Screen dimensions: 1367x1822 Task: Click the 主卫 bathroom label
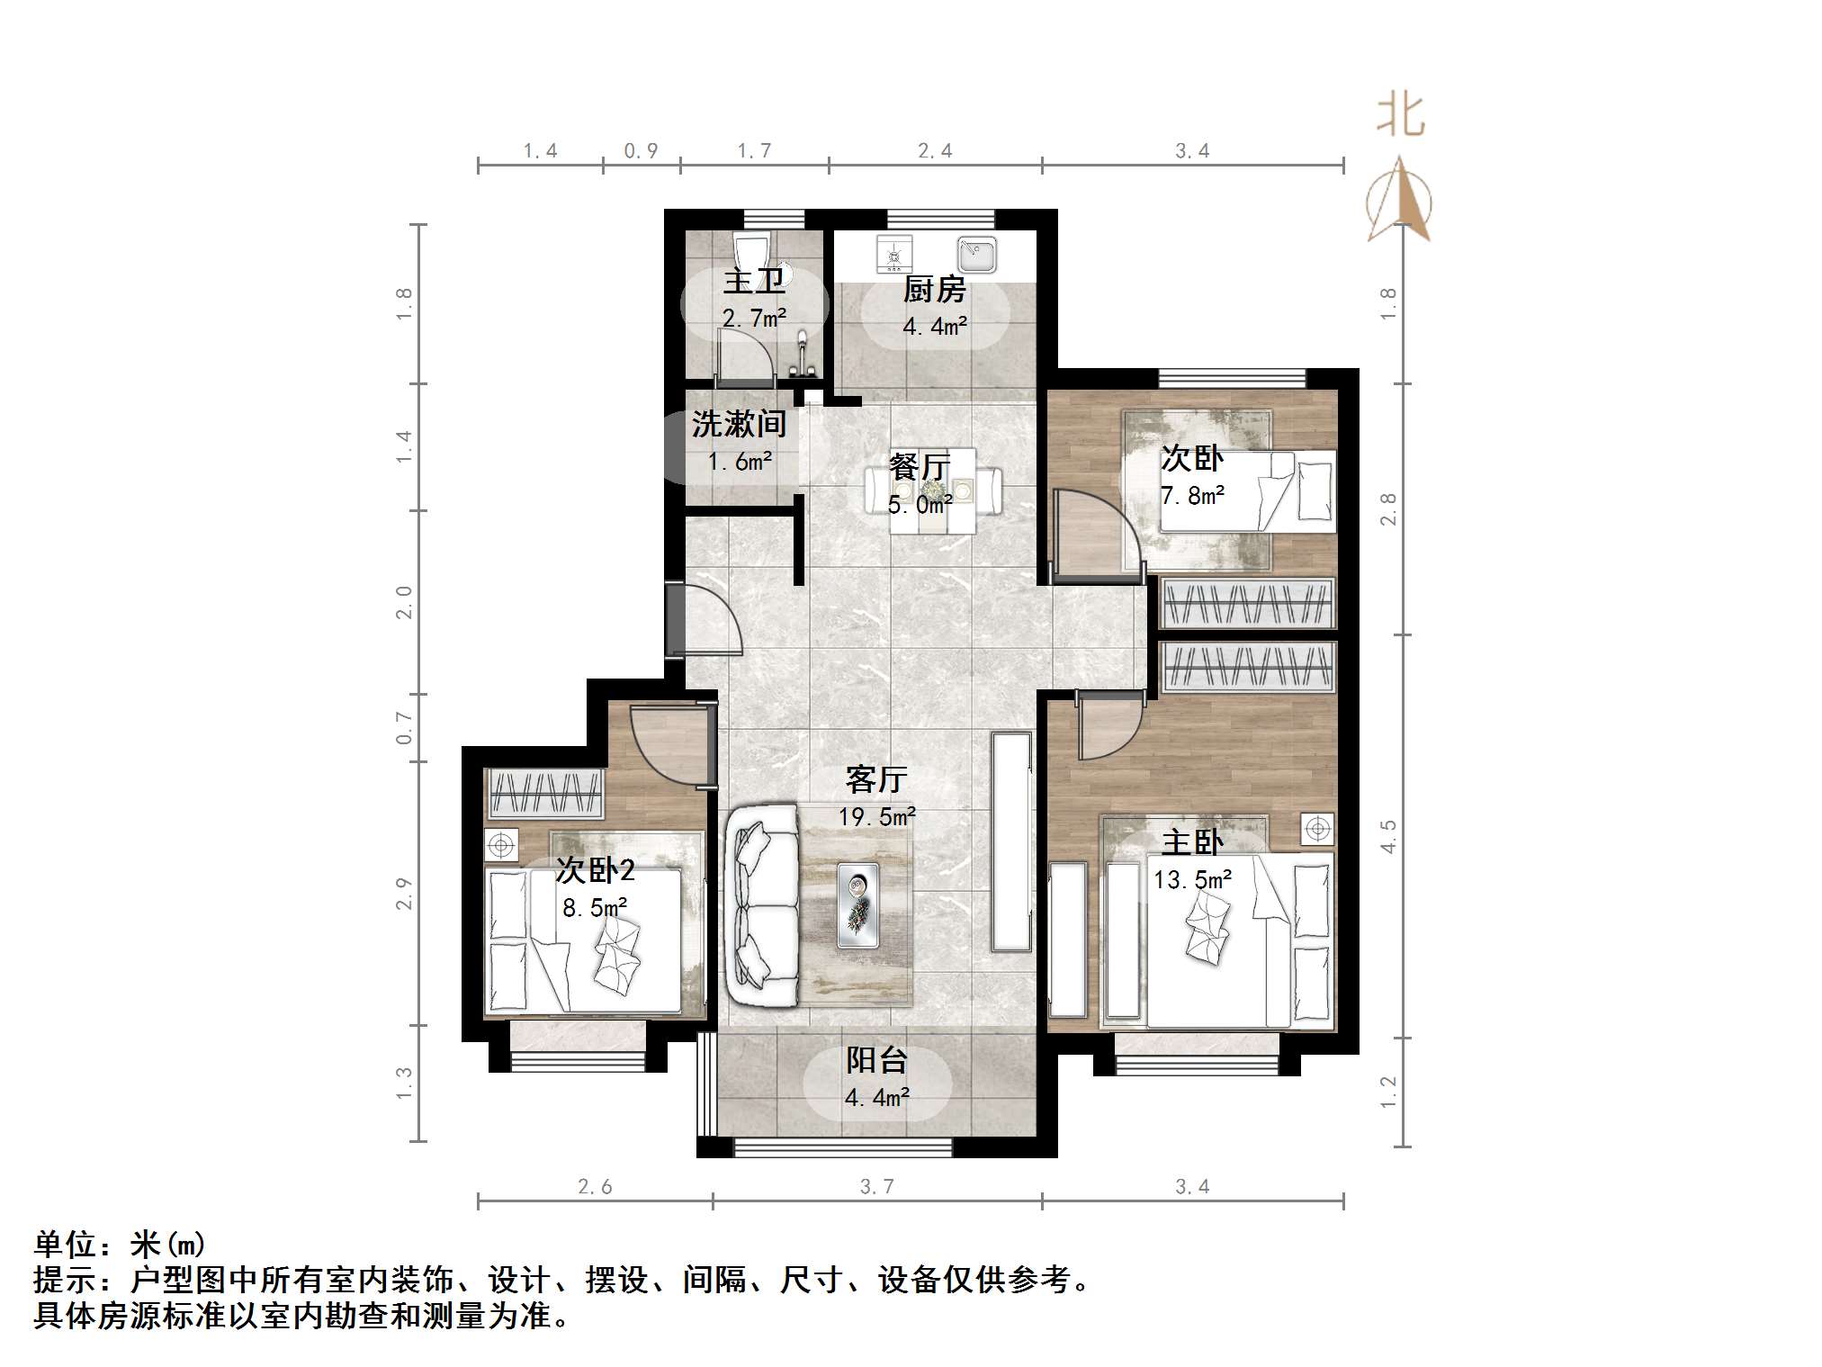[x=754, y=282]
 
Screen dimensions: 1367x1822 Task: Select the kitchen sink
[x=976, y=254]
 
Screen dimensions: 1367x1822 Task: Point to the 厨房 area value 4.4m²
[x=935, y=326]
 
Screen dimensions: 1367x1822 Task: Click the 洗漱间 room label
[x=739, y=424]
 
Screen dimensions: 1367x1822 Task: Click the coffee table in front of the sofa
[x=857, y=905]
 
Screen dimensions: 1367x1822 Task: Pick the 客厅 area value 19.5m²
[x=876, y=816]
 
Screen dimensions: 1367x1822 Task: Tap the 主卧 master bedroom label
[x=1192, y=842]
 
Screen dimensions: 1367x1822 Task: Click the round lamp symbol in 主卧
[x=1317, y=828]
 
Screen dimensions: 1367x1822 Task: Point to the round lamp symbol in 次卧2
[x=501, y=845]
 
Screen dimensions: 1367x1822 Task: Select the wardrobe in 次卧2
[x=544, y=793]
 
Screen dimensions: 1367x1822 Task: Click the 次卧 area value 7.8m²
[x=1192, y=495]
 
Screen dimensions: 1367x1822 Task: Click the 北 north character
[x=1400, y=116]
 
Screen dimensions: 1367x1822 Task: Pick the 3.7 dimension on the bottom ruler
[x=876, y=1187]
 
